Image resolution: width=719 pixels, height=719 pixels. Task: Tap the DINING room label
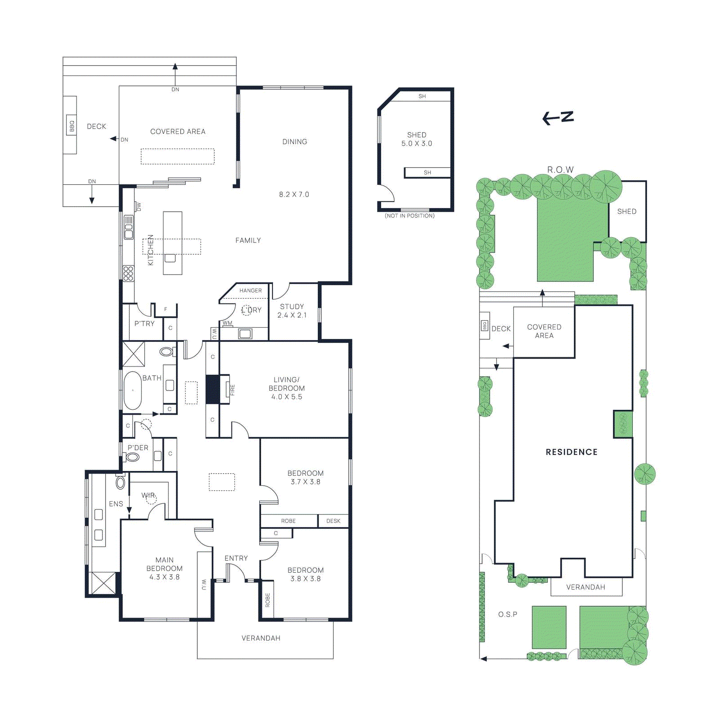(295, 142)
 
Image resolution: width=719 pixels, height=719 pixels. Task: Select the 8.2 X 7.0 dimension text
(294, 195)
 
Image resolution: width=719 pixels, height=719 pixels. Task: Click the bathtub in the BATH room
(133, 390)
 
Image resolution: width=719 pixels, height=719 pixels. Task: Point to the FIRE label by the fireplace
(233, 390)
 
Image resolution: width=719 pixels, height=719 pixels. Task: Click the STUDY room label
(292, 306)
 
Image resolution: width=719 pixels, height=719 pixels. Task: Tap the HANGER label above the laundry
(250, 291)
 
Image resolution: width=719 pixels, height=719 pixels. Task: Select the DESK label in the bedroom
(333, 521)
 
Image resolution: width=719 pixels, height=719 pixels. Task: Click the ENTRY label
(236, 558)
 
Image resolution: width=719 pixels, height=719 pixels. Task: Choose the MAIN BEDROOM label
(164, 564)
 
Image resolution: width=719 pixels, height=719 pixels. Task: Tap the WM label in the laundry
(227, 323)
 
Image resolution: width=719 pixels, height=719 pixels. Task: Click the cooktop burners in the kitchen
(129, 274)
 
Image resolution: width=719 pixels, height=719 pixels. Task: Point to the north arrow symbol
(558, 118)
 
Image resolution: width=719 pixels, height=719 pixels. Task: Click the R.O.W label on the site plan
(560, 169)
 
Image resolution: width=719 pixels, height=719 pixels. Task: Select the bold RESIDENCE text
(572, 452)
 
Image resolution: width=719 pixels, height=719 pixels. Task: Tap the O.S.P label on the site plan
(508, 614)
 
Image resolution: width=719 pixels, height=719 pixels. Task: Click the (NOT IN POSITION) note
(410, 216)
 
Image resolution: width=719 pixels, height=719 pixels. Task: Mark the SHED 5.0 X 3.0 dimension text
(417, 143)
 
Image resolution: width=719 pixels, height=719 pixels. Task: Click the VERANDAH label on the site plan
(586, 587)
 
